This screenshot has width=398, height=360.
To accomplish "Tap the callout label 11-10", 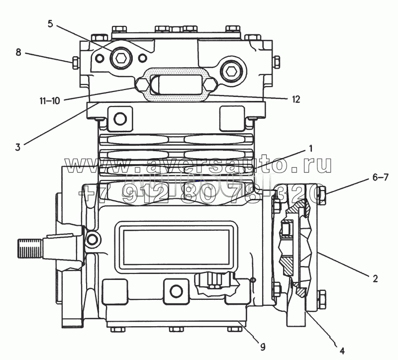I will pos(50,100).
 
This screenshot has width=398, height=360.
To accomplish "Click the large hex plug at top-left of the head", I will pos(119,59).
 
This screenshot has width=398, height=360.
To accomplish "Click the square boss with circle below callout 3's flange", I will pos(119,118).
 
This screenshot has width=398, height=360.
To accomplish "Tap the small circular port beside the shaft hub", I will pos(92,240).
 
